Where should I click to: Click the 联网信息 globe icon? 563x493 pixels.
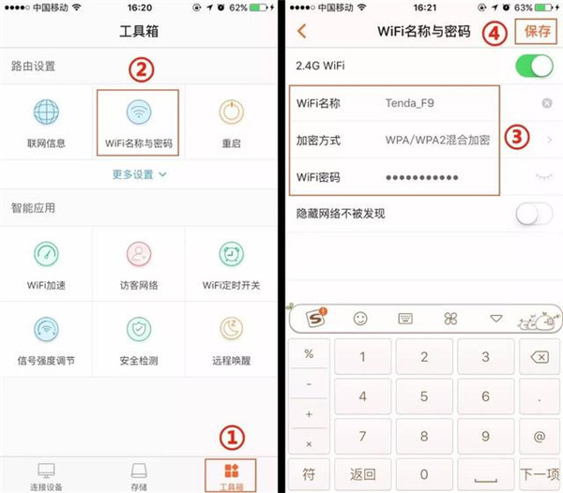[x=46, y=112]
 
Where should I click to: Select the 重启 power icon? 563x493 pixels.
[x=231, y=112]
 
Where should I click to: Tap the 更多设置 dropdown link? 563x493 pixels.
[x=139, y=174]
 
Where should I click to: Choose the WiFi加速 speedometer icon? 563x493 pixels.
[x=46, y=254]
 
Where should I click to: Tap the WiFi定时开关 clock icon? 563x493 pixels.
[x=231, y=254]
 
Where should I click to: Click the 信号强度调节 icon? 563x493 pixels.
[x=46, y=329]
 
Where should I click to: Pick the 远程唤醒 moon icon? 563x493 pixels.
[x=231, y=329]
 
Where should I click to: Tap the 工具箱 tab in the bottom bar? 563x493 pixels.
[x=231, y=473]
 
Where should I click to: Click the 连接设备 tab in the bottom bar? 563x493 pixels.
[x=46, y=473]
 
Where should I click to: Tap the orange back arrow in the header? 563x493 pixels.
[x=301, y=31]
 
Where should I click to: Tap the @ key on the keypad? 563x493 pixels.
[x=539, y=436]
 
